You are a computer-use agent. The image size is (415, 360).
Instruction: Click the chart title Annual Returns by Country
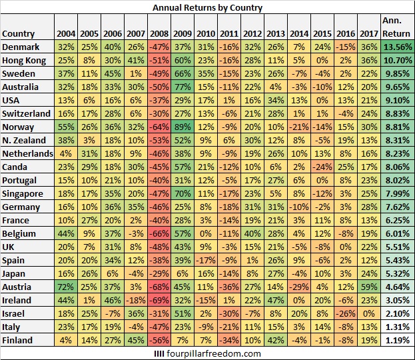pos(207,8)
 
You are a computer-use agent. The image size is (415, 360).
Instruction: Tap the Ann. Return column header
pos(397,27)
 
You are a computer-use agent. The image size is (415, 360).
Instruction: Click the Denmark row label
pos(21,47)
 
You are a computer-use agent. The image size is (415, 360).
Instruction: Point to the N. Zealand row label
pos(24,140)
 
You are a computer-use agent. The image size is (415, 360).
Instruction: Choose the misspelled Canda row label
pos(16,167)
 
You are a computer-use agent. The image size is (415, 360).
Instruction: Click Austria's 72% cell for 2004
pos(66,286)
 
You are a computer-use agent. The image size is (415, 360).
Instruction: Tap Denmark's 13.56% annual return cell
pos(397,47)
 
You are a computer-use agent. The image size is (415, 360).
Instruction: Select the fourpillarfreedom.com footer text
pos(207,353)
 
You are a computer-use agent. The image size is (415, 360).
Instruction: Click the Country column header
pos(19,34)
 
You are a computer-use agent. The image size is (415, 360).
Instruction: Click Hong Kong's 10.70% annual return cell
pos(397,61)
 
